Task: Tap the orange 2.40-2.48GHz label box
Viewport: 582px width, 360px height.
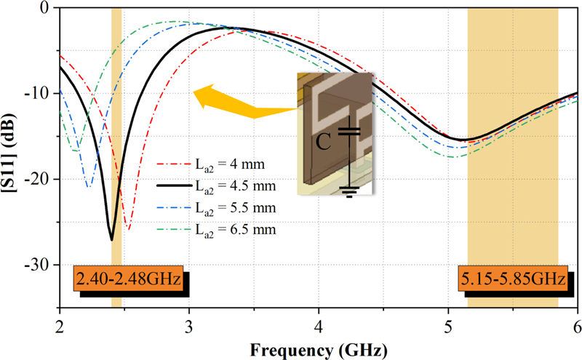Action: (127, 280)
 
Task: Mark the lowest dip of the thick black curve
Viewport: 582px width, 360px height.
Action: (111, 239)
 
